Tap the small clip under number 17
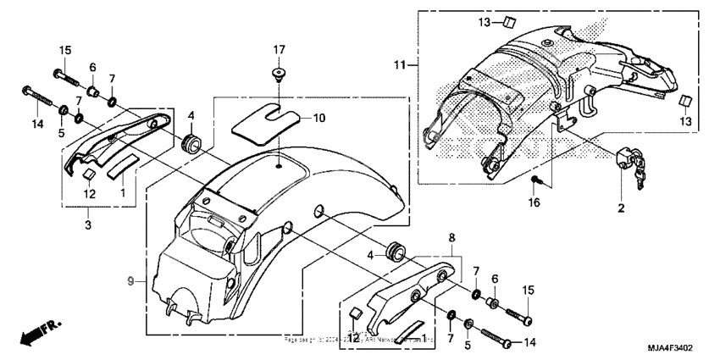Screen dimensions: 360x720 (279, 77)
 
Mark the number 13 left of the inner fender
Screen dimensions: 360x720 (507, 21)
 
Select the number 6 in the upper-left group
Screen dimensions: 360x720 (92, 67)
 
